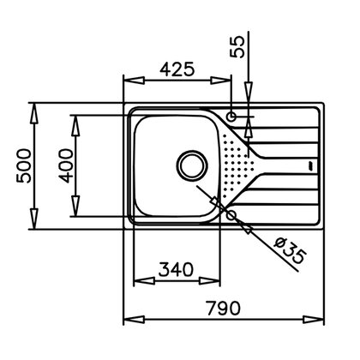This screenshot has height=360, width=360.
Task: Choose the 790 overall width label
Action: click(x=221, y=306)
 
